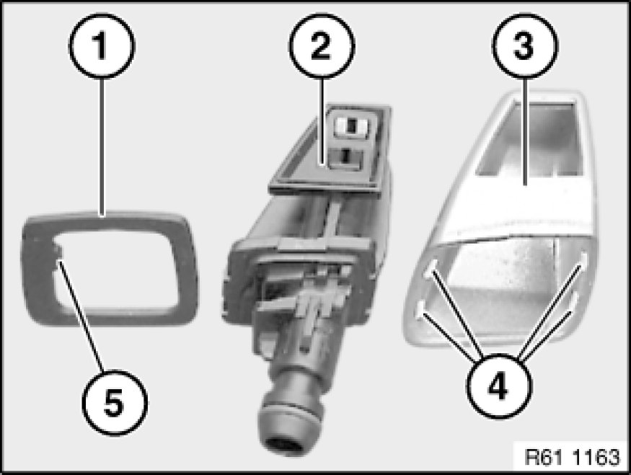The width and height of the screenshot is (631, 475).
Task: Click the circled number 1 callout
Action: point(102,45)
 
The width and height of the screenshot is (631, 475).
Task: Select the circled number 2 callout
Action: point(322,45)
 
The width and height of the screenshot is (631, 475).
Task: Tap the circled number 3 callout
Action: point(525,45)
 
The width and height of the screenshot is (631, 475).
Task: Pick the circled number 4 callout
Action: point(499,386)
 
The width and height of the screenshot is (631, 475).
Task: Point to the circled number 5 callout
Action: point(115,403)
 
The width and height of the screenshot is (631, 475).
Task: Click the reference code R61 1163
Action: point(573,457)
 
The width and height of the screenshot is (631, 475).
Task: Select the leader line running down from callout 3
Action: point(525,131)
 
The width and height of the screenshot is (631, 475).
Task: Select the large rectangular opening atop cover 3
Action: point(529,139)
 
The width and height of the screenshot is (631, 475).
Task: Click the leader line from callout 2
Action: point(322,121)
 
